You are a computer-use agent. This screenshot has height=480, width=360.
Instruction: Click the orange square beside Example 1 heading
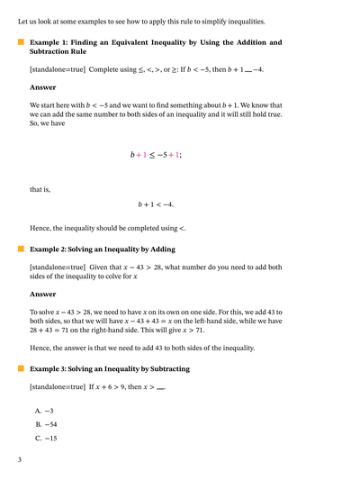(x=20, y=42)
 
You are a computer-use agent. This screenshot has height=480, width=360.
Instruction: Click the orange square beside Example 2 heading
(x=20, y=249)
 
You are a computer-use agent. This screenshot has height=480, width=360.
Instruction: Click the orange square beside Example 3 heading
(x=20, y=368)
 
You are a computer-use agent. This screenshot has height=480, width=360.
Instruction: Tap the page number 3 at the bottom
(x=20, y=459)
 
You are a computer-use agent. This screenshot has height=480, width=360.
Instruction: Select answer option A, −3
(x=45, y=410)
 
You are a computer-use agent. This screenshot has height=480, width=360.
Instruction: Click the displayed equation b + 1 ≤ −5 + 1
(x=156, y=155)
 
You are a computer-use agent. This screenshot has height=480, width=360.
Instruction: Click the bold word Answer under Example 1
(x=41, y=88)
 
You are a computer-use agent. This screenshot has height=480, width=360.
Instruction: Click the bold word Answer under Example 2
(x=41, y=294)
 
